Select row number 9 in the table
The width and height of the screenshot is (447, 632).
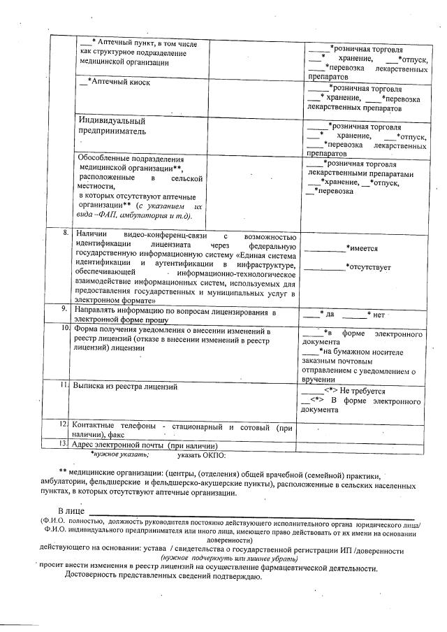pyautogui.click(x=64, y=308)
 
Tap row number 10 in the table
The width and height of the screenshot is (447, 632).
pyautogui.click(x=64, y=327)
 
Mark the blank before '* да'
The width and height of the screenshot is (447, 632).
pyautogui.click(x=309, y=315)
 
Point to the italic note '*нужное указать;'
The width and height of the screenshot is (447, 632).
pyautogui.click(x=119, y=454)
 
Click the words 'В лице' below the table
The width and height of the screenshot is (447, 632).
pyautogui.click(x=71, y=512)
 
